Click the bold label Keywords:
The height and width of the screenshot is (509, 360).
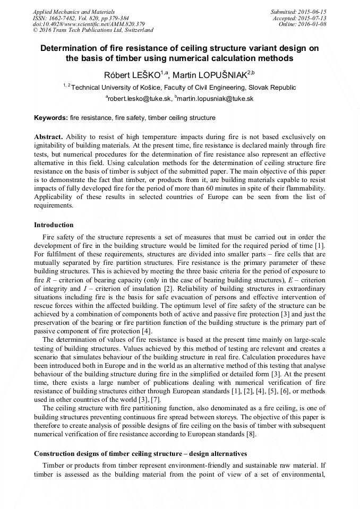[x=51, y=117]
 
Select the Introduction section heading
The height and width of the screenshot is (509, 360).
[x=54, y=225]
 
